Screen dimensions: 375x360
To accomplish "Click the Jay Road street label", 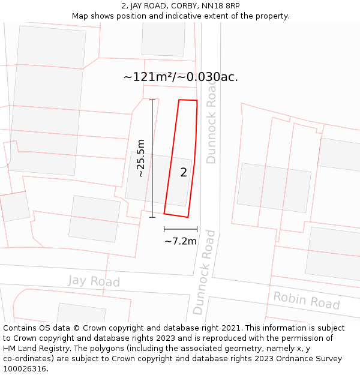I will point(94,281).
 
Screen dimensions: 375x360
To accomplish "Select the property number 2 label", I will point(184,173).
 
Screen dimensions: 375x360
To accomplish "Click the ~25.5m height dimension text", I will point(141,158).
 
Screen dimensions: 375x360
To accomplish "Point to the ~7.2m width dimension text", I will point(181,241).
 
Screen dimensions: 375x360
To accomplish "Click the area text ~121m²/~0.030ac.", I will point(181,77).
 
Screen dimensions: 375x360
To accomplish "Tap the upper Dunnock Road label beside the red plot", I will point(211,124).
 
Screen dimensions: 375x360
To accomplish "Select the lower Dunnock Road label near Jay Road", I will point(204,272).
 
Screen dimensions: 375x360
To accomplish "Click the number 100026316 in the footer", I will point(26,368).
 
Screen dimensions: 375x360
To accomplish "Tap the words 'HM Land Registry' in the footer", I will point(35,349).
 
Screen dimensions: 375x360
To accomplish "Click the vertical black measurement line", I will point(152,158).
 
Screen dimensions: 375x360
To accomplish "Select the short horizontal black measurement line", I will point(181,229).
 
